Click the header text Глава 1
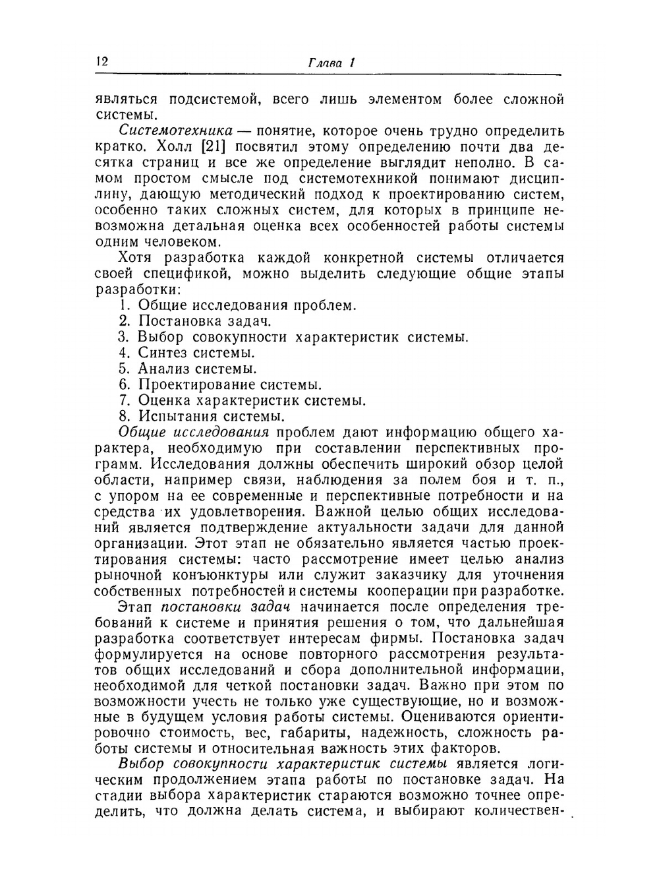pos(331,63)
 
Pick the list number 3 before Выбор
pos(123,337)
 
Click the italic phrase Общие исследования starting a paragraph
pos(194,433)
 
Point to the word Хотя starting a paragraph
pos(138,258)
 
